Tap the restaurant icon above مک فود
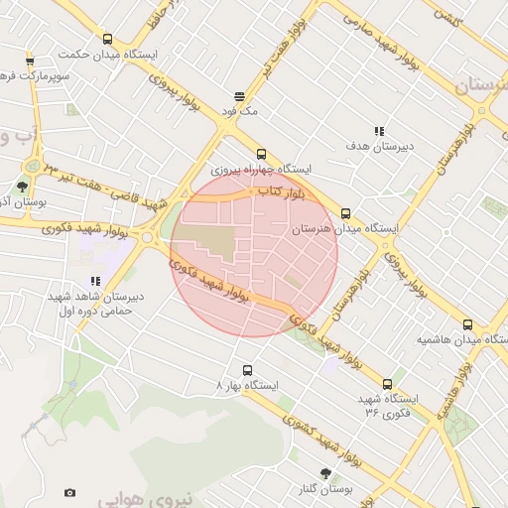click(x=240, y=96)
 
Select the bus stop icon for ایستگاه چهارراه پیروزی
click(x=261, y=154)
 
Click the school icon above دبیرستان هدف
click(x=379, y=131)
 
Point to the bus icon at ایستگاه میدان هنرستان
click(x=345, y=213)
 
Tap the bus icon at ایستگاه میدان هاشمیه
click(x=467, y=324)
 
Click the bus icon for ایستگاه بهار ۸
click(x=247, y=370)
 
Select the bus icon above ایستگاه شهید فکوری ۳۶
click(x=387, y=384)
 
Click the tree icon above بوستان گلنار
click(x=324, y=473)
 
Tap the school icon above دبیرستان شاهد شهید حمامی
click(x=96, y=281)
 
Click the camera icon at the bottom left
click(x=69, y=492)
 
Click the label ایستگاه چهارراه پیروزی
click(x=262, y=170)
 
